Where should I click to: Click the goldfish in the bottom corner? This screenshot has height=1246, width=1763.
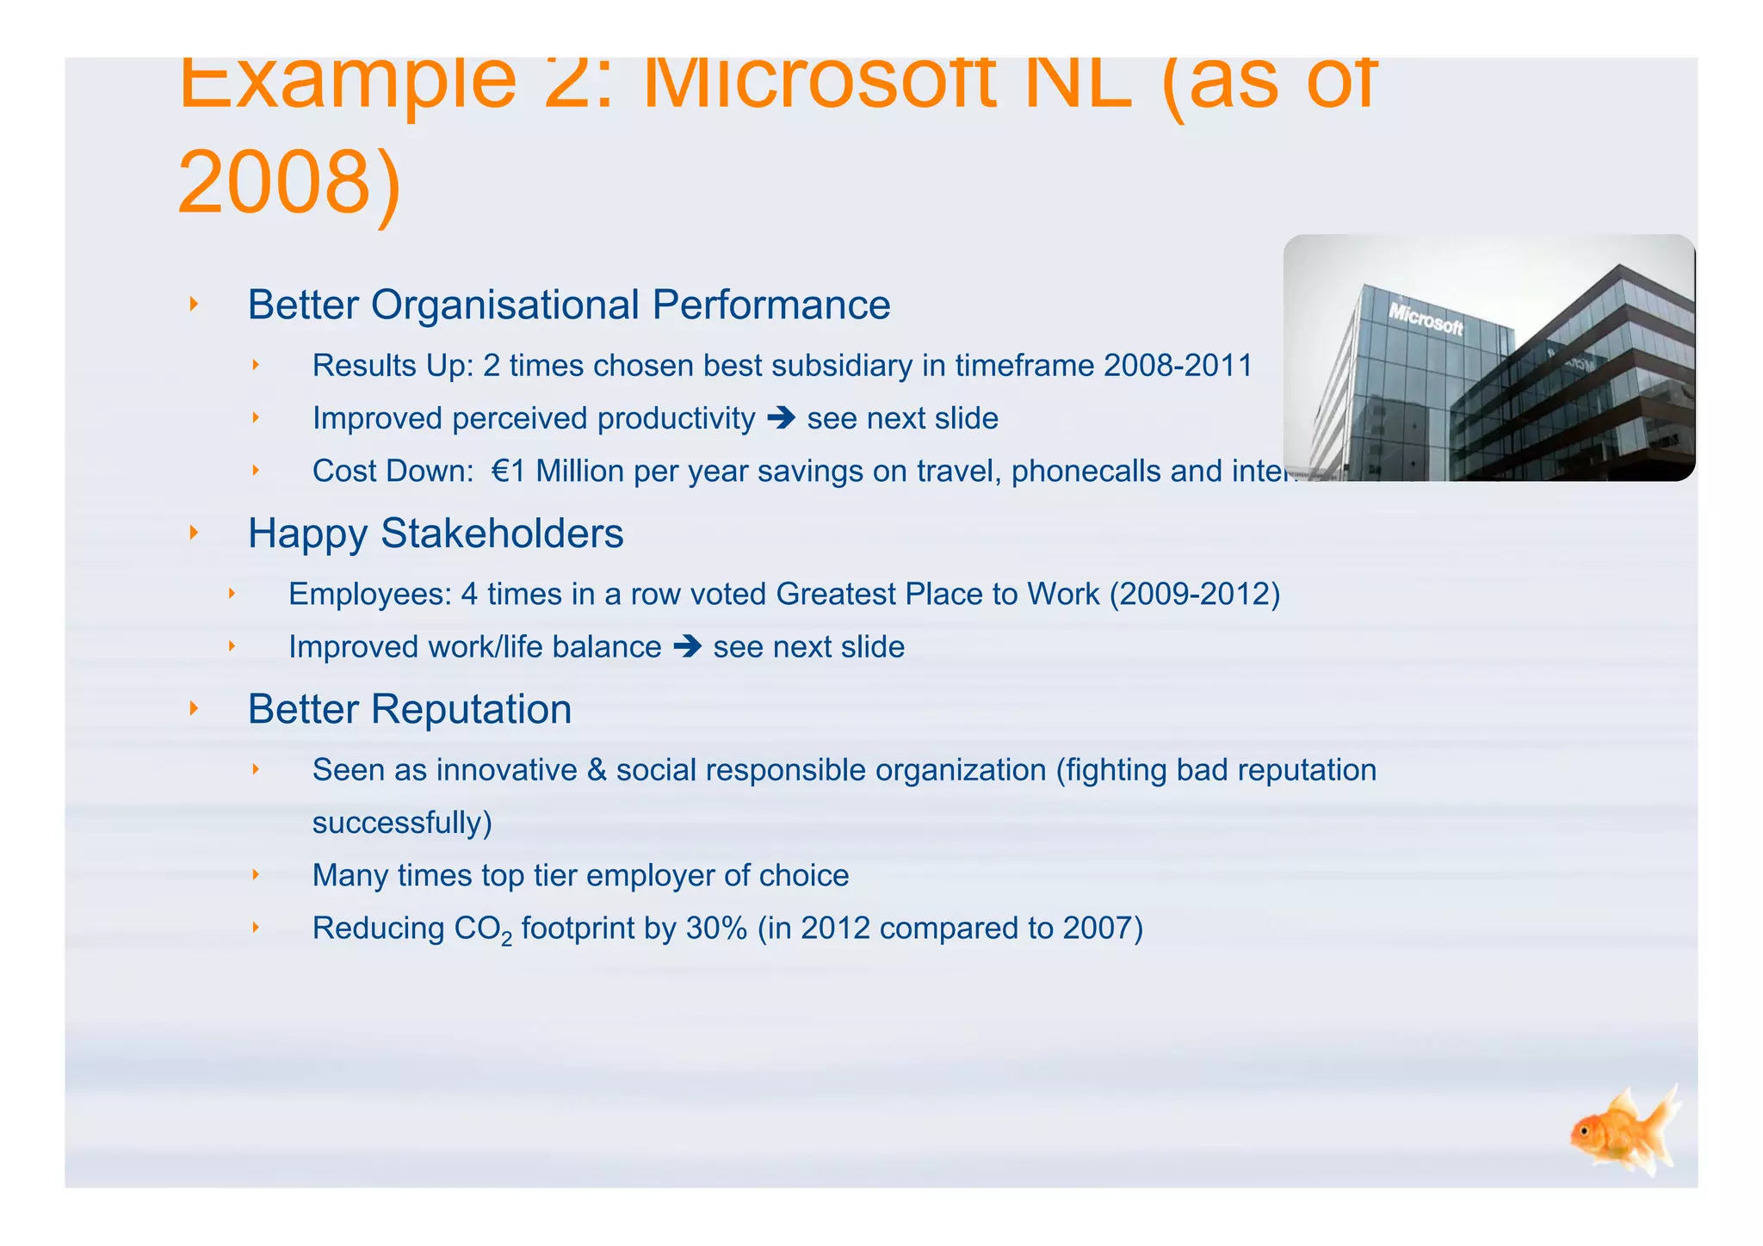(1623, 1132)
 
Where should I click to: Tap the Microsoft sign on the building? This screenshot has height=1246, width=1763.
(1426, 319)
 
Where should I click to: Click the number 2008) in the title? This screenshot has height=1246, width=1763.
(289, 183)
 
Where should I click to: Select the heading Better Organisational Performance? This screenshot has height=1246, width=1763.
(568, 305)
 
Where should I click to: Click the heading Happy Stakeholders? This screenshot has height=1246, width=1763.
(436, 534)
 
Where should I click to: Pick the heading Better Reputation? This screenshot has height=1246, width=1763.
(410, 710)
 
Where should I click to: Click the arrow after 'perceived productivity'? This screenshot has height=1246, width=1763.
(781, 419)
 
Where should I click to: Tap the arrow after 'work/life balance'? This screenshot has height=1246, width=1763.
(687, 647)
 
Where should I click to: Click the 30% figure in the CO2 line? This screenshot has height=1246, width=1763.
(716, 928)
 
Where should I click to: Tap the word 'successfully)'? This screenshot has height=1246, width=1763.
(402, 823)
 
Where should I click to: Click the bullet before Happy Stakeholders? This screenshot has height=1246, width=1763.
(194, 533)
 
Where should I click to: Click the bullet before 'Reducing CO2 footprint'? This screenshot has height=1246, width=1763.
(256, 927)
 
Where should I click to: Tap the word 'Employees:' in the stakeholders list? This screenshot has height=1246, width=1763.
(369, 595)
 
